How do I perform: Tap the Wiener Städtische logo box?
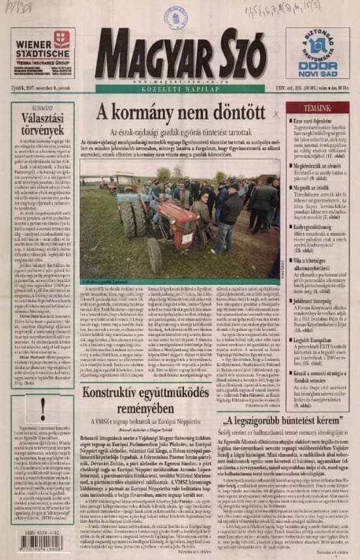[42, 53]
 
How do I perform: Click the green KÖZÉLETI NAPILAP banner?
[180, 89]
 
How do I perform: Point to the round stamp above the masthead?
[175, 16]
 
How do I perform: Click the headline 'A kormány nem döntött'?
[181, 112]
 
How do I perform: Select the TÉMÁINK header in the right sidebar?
[317, 108]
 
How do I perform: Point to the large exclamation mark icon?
[42, 408]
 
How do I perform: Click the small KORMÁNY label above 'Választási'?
[42, 108]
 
